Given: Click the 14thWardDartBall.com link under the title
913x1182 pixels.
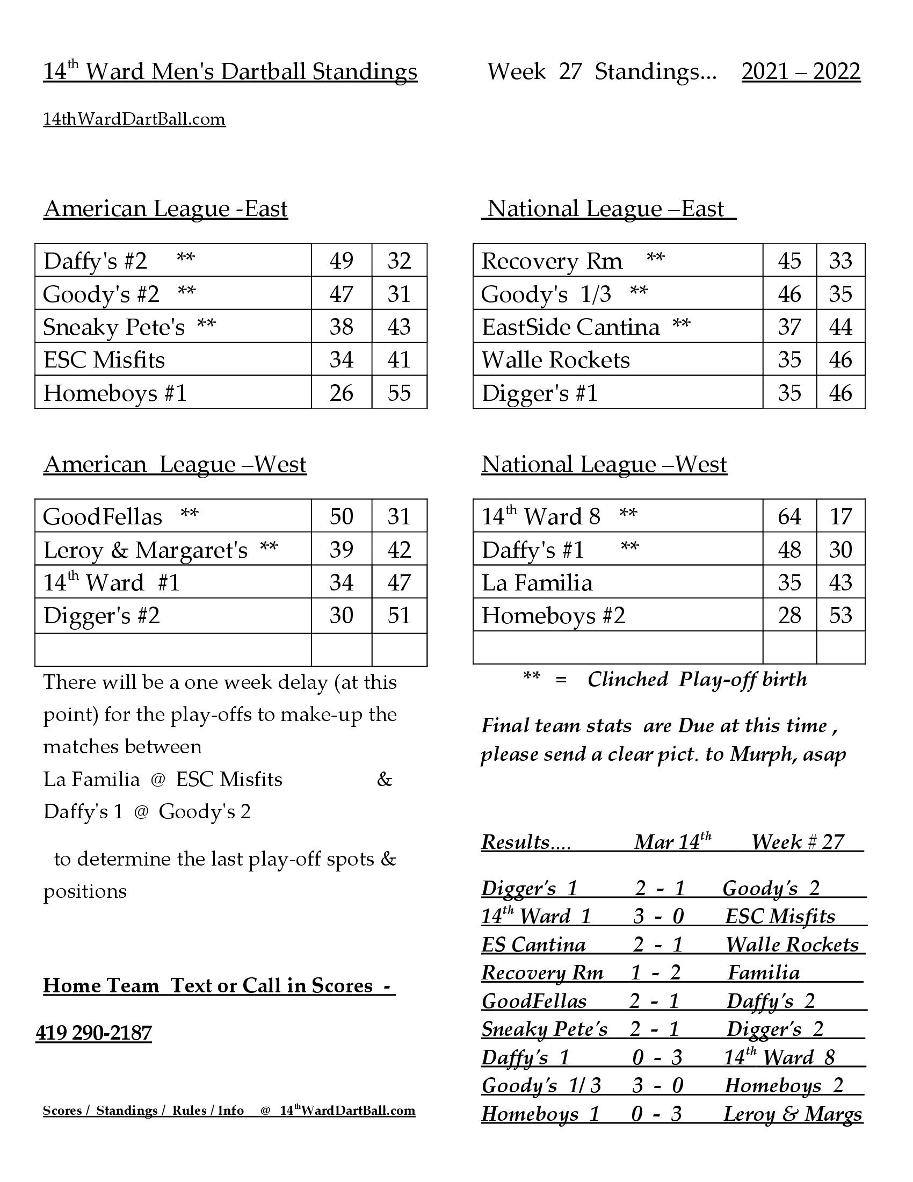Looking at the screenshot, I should click(x=134, y=119).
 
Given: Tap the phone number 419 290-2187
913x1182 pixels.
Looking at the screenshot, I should click(x=93, y=1033).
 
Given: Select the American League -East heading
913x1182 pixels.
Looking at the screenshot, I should click(x=165, y=209).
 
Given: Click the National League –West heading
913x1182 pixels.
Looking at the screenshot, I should click(x=604, y=464).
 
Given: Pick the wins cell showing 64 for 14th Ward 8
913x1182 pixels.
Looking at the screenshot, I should click(x=789, y=516).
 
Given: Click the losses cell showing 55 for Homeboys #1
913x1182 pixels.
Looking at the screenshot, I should click(x=399, y=393).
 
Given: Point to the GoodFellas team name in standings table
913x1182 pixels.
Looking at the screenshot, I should click(x=102, y=517).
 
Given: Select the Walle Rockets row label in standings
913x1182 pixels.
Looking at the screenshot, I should click(x=555, y=360).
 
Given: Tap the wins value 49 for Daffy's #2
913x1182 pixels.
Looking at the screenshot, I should click(x=341, y=261).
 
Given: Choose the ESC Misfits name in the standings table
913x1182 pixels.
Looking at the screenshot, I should click(x=104, y=360).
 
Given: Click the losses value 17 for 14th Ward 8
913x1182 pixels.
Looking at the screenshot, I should click(x=840, y=516).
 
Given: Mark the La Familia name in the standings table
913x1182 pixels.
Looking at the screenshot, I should click(x=537, y=583).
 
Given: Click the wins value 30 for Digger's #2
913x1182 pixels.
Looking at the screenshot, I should click(x=341, y=615).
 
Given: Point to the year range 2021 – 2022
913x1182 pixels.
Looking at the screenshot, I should click(x=801, y=71).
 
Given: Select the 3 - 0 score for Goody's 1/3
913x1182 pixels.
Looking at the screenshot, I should click(x=658, y=1085).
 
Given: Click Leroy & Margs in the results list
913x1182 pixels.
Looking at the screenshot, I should click(x=792, y=1113).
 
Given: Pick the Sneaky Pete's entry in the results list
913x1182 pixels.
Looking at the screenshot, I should click(x=544, y=1029).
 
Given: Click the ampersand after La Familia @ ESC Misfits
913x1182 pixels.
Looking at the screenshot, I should click(x=384, y=780).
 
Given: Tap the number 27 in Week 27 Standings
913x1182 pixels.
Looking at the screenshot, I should click(x=569, y=71).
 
